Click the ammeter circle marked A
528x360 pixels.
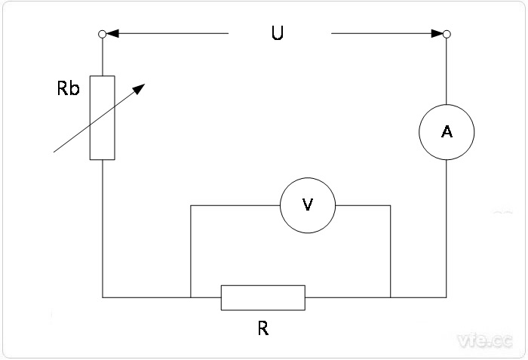pyautogui.click(x=447, y=131)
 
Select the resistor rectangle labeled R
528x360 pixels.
pyautogui.click(x=262, y=297)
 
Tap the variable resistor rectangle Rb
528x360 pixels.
pyautogui.click(x=103, y=118)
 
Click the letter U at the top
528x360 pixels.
pyautogui.click(x=278, y=35)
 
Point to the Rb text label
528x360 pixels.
pyautogui.click(x=69, y=88)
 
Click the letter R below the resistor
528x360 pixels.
pyautogui.click(x=262, y=329)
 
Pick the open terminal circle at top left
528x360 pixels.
pyautogui.click(x=103, y=34)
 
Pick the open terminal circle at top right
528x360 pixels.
pyautogui.click(x=447, y=34)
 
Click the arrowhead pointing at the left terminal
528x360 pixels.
pyautogui.click(x=112, y=33)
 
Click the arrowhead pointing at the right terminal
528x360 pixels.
pyautogui.click(x=437, y=33)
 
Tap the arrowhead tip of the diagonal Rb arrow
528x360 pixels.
pyautogui.click(x=140, y=86)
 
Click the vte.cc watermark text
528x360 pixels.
pyautogui.click(x=484, y=342)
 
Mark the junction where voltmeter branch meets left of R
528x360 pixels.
pyautogui.click(x=190, y=297)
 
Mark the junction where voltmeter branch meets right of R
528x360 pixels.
pyautogui.click(x=391, y=297)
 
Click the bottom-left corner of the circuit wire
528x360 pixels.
pyautogui.click(x=103, y=297)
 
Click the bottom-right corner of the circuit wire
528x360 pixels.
pyautogui.click(x=447, y=297)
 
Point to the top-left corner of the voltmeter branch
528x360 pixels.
pyautogui.click(x=190, y=205)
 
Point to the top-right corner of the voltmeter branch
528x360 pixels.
pyautogui.click(x=391, y=205)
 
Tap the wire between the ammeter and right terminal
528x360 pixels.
pyautogui.click(x=447, y=72)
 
